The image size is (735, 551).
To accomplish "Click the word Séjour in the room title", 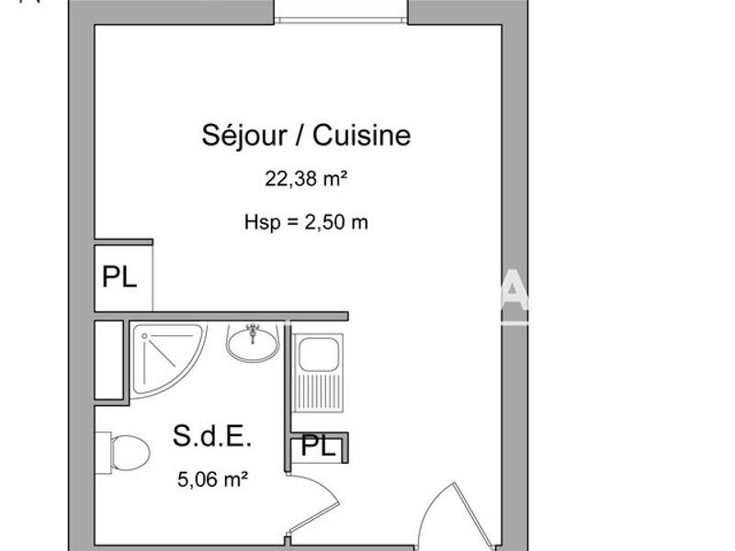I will coord(243,136).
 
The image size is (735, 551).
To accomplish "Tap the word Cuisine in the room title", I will coord(361,136).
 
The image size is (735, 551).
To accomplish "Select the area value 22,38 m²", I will coord(306,180).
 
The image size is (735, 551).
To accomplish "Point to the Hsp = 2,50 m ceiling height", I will coord(306,221).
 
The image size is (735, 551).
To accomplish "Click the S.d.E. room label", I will coord(211,437).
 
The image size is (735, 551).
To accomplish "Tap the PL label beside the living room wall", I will coord(119,277).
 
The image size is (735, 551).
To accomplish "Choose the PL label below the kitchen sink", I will coord(319,447).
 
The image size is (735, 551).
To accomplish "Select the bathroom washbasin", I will coord(253,344).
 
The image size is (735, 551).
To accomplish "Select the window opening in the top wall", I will coord(341,11).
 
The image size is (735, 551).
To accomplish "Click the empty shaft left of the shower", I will coord(108,360).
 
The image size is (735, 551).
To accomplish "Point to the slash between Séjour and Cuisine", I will coord(301,136).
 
